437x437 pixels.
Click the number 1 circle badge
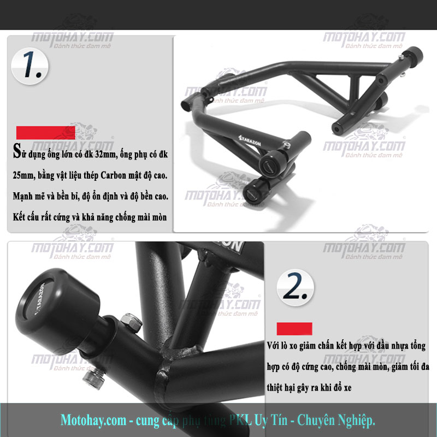pyautogui.click(x=29, y=66)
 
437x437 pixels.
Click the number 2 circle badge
pyautogui.click(x=295, y=287)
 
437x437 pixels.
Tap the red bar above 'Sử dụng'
pyautogui.click(x=46, y=133)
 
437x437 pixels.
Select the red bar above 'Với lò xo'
pyautogui.click(x=294, y=329)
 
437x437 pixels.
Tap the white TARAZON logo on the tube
pyautogui.click(x=250, y=141)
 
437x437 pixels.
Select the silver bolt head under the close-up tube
pyautogui.click(x=93, y=380)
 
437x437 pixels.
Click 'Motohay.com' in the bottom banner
pyautogui.click(x=93, y=420)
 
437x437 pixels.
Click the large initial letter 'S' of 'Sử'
pyautogui.click(x=17, y=151)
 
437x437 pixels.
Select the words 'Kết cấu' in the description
pyautogui.click(x=26, y=217)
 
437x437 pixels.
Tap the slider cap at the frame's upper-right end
pyautogui.click(x=414, y=56)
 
